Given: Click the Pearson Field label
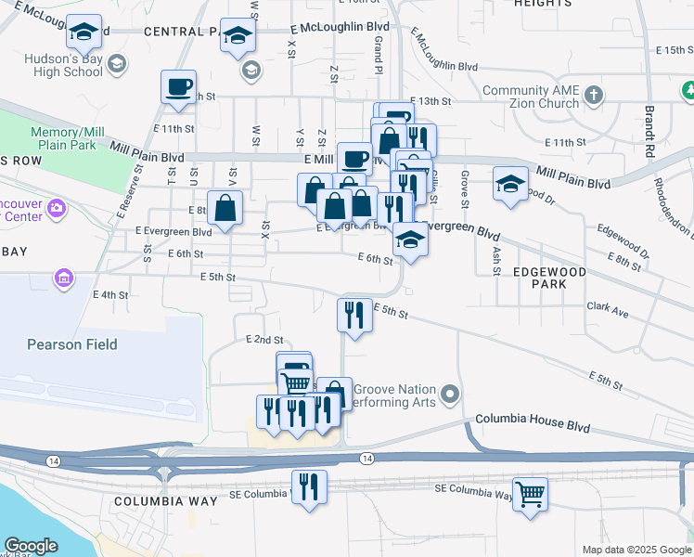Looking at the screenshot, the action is coord(71,344).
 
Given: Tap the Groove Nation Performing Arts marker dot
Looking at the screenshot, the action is coord(451,395).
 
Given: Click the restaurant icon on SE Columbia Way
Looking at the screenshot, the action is coord(309,486).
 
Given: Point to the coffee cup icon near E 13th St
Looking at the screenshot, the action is coord(178,87).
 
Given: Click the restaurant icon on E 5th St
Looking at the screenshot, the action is coord(354,315).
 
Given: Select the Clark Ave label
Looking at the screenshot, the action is coord(608,305).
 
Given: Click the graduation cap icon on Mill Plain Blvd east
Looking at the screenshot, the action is coord(510,185).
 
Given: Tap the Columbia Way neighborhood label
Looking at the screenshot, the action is coord(165,501).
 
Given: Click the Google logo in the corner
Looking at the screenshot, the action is coord(31,546).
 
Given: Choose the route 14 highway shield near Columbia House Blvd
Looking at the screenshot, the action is coord(368,459).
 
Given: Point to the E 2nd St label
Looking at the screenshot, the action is coord(264,341).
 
